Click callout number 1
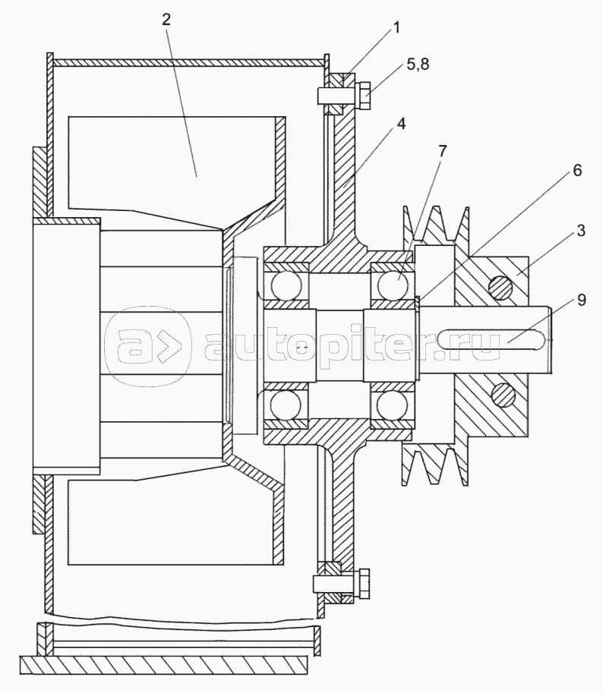click(396, 28)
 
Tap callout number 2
click(166, 20)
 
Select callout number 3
click(580, 231)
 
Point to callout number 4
click(400, 124)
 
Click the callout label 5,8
click(418, 65)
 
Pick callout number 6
click(577, 170)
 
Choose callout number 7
click(442, 151)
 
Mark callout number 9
click(581, 300)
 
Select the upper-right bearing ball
click(392, 284)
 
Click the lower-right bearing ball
click(392, 405)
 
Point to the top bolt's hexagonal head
click(362, 95)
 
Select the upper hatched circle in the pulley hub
click(500, 288)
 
